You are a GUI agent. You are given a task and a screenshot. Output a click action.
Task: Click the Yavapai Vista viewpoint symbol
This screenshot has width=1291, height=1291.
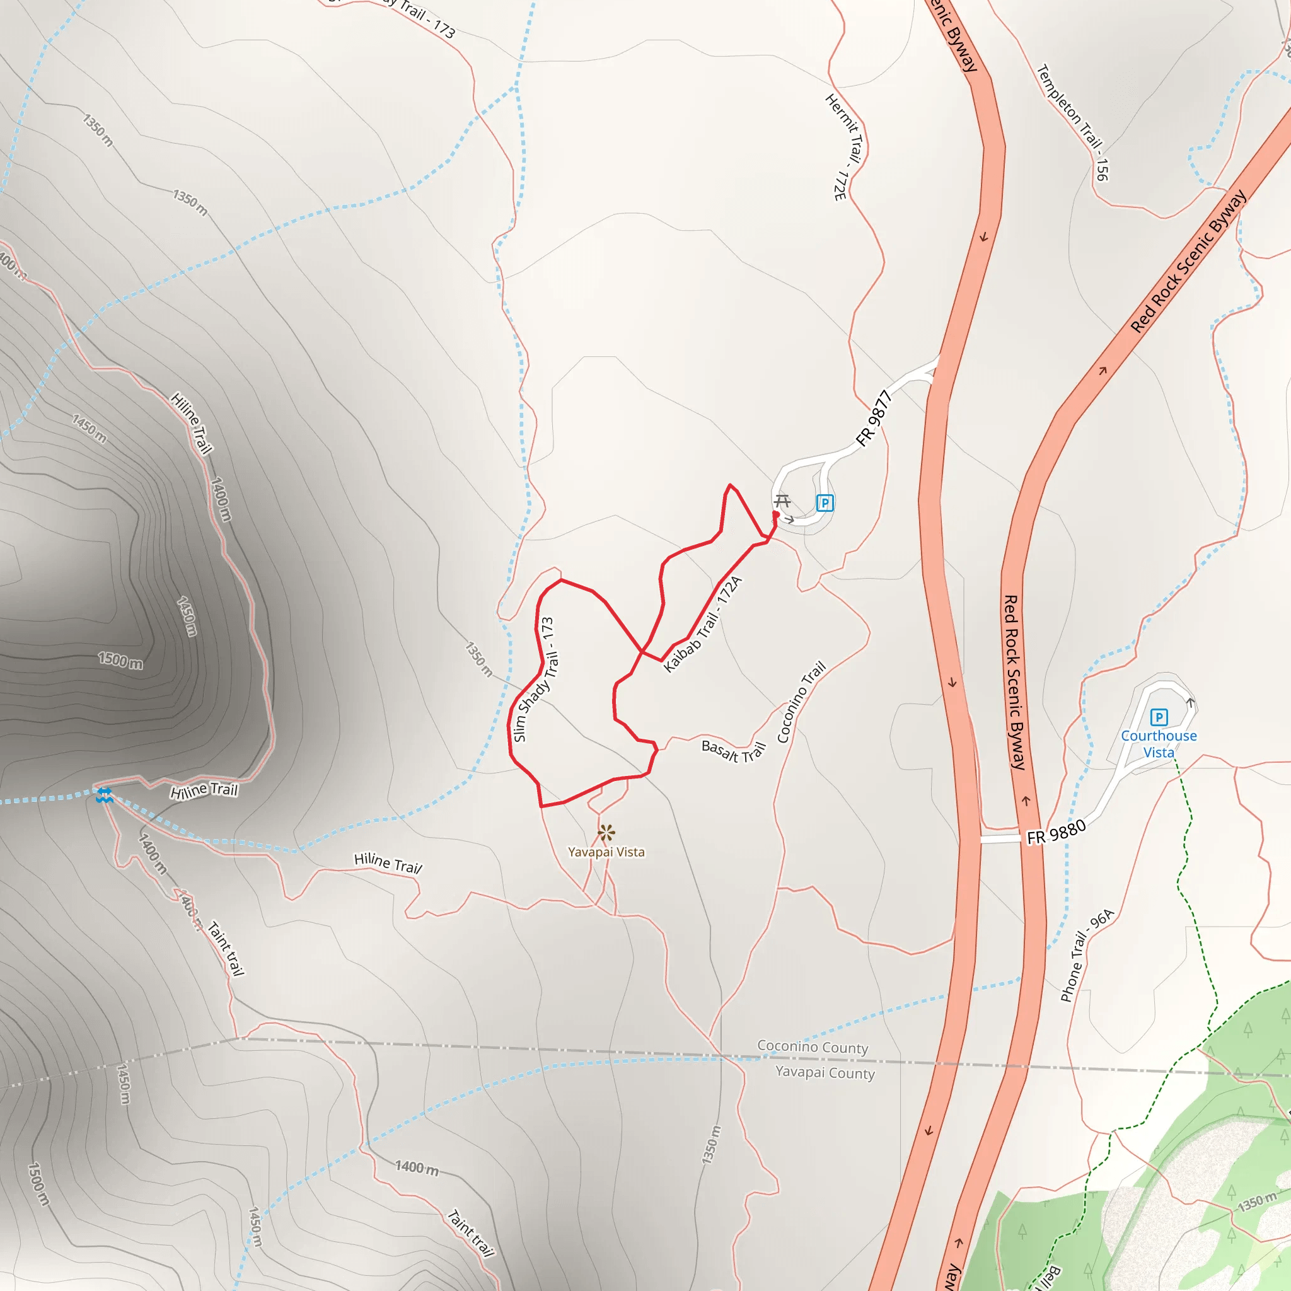click(606, 833)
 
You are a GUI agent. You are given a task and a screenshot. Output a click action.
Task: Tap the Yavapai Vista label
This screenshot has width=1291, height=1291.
click(606, 852)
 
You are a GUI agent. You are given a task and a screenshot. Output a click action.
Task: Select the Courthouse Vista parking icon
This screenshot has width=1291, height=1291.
click(1159, 717)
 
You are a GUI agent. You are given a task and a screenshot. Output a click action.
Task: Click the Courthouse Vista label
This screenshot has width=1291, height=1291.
click(1159, 744)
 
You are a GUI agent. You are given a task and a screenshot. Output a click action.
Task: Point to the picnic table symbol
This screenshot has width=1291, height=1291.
click(782, 501)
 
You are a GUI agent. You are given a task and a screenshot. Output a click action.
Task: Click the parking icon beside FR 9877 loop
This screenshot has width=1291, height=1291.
click(825, 502)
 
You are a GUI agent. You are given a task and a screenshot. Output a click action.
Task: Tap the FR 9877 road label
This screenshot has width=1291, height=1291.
click(874, 419)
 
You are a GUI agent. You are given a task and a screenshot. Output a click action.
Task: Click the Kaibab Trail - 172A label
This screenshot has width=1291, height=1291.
click(702, 623)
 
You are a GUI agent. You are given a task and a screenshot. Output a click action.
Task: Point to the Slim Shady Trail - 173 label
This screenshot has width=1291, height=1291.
click(534, 679)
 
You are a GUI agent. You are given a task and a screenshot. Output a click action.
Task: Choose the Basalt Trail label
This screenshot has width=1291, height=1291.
click(733, 751)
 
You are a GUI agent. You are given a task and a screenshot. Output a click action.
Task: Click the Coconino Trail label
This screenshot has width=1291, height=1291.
click(801, 702)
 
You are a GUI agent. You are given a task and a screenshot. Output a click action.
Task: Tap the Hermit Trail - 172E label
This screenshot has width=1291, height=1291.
click(845, 147)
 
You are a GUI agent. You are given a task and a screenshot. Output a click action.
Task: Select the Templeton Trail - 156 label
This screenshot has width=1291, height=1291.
click(1073, 122)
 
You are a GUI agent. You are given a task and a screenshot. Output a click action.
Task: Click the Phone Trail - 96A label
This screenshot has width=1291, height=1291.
click(1087, 955)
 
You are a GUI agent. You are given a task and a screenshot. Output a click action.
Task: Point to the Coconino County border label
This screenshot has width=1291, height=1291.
click(812, 1047)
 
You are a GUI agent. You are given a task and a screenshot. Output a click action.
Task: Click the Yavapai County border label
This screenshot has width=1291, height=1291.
click(825, 1072)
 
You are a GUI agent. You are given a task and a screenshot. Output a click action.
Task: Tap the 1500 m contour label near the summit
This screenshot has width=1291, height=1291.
click(120, 660)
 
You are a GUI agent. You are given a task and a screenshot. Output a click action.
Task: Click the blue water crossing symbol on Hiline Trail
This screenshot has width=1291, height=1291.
click(104, 795)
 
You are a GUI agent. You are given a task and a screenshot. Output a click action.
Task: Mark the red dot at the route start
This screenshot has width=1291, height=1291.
click(776, 514)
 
